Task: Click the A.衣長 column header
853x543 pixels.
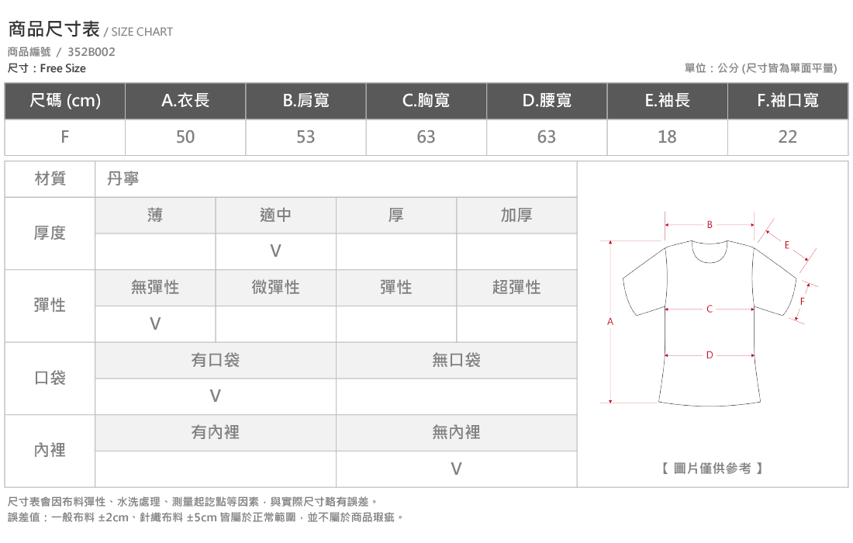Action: point(185,101)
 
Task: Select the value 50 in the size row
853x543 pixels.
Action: point(185,137)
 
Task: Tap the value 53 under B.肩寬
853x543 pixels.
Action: point(306,137)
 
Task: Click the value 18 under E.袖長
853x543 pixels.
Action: point(667,137)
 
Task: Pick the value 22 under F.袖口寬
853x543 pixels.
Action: point(788,137)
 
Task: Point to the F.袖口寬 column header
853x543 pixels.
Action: point(788,101)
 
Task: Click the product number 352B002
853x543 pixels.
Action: point(92,52)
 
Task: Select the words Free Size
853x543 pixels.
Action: point(63,68)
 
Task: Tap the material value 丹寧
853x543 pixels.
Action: point(123,178)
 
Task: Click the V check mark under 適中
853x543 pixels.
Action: point(276,251)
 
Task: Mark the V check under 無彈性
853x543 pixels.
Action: point(155,323)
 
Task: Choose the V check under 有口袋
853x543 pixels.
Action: point(216,396)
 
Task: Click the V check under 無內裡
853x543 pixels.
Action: point(457,469)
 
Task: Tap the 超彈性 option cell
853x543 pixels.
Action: point(516,287)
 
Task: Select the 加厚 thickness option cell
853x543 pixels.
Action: point(516,216)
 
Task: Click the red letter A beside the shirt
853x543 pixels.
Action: point(610,322)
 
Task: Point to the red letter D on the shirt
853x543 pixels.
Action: point(710,355)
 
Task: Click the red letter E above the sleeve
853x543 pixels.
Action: point(786,245)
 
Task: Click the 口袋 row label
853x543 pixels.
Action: point(50,378)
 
